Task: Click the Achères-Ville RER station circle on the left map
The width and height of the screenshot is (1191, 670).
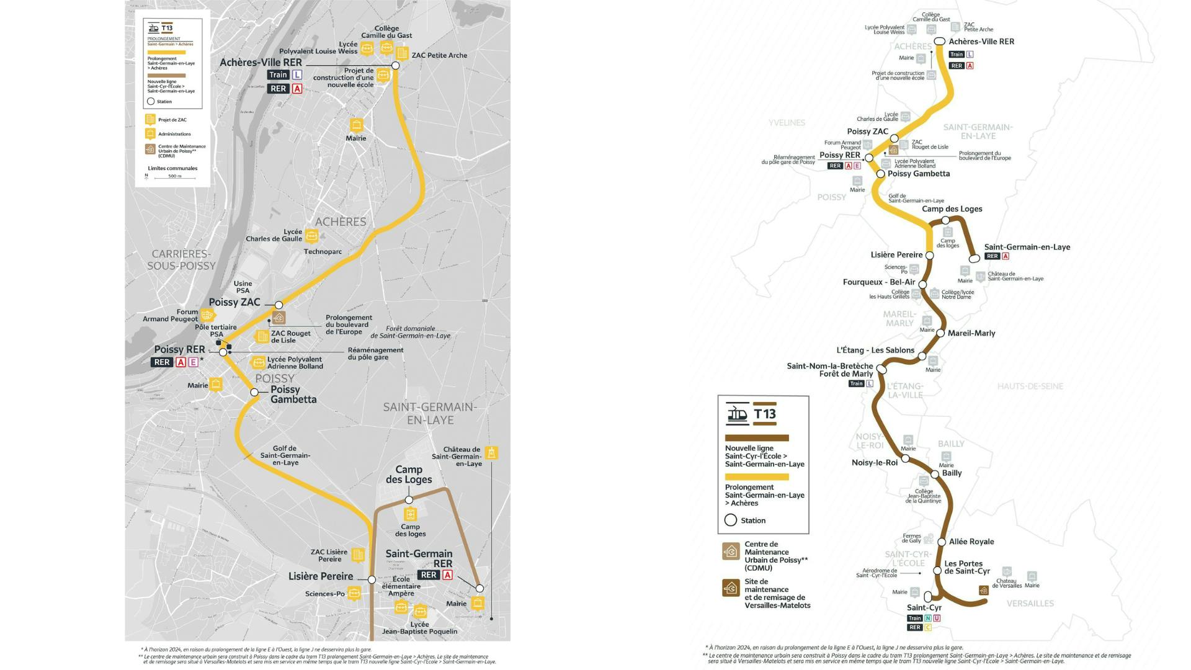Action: pyautogui.click(x=395, y=65)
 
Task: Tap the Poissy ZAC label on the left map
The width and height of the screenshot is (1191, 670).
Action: pyautogui.click(x=234, y=302)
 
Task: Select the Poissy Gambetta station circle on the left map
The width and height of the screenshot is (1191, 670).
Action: pyautogui.click(x=254, y=392)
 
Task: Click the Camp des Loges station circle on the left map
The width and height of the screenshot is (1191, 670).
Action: pyautogui.click(x=409, y=500)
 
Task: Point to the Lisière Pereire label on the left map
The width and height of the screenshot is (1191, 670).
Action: pyautogui.click(x=321, y=576)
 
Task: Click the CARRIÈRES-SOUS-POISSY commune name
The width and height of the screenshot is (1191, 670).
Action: pyautogui.click(x=181, y=260)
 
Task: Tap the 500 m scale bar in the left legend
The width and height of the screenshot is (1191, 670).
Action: pyautogui.click(x=175, y=178)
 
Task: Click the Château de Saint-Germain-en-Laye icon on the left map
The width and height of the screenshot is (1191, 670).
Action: pyautogui.click(x=491, y=452)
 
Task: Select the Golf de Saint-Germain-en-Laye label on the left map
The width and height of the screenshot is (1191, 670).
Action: pyautogui.click(x=285, y=455)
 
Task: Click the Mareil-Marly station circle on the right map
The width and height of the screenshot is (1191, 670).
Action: pyautogui.click(x=940, y=333)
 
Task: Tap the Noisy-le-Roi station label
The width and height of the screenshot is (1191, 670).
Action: pyautogui.click(x=875, y=462)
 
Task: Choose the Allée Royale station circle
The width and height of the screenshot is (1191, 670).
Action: pyautogui.click(x=942, y=542)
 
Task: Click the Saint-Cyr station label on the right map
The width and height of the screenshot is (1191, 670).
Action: pyautogui.click(x=924, y=607)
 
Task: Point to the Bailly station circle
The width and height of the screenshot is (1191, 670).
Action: pyautogui.click(x=935, y=474)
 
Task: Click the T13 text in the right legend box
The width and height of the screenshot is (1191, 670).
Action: pyautogui.click(x=765, y=414)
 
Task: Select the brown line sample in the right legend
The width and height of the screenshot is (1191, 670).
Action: pyautogui.click(x=757, y=438)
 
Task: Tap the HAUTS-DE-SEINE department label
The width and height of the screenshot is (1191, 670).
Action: pyautogui.click(x=1030, y=386)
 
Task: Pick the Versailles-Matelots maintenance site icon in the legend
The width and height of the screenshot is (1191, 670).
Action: pyautogui.click(x=731, y=587)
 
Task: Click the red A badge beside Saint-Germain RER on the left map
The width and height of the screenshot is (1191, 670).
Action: pyautogui.click(x=447, y=575)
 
